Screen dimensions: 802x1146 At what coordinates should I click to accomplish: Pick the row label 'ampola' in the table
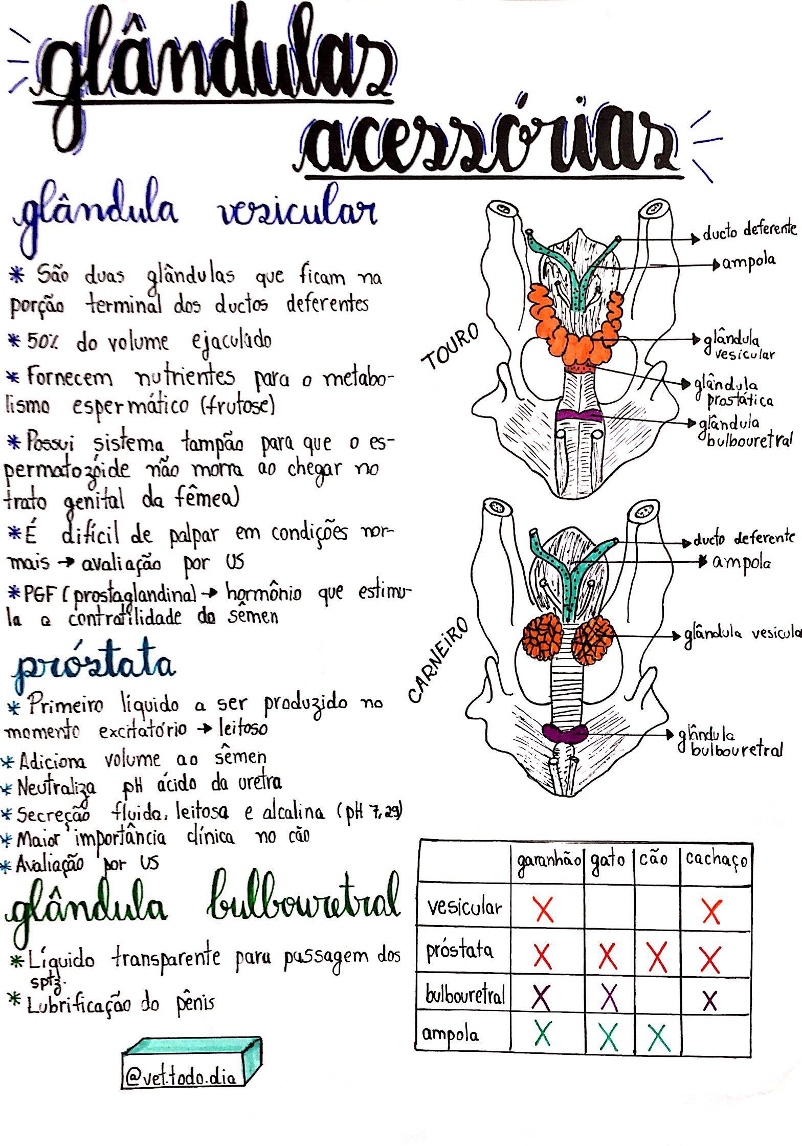(450, 1035)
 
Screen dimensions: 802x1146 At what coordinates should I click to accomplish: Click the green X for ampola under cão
(658, 1036)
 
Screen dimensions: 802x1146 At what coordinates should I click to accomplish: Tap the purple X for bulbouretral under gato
(609, 997)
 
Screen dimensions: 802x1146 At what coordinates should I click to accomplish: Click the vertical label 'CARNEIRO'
(438, 660)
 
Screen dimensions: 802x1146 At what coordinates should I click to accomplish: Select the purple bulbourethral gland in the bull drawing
(579, 415)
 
